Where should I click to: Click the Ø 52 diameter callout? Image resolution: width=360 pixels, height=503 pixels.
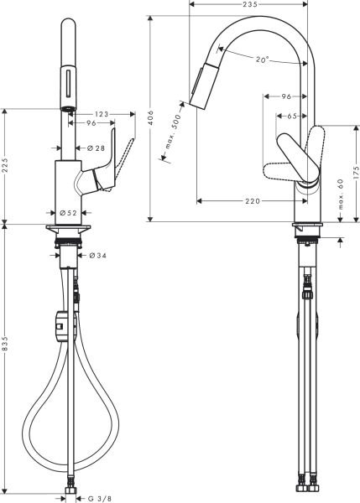click(68, 213)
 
